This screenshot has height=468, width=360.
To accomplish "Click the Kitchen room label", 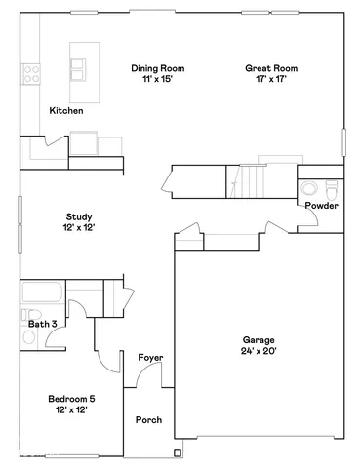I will (66, 111).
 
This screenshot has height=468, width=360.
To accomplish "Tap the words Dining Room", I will (158, 69).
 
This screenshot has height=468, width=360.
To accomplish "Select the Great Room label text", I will (271, 69).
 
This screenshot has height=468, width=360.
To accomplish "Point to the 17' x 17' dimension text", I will (271, 80).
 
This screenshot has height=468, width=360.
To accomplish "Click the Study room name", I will (80, 216).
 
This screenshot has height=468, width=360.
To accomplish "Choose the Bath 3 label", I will (42, 323).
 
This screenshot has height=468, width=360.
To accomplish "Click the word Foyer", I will (149, 358).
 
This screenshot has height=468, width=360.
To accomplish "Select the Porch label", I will (149, 420).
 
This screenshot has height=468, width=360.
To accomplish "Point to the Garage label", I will (259, 339).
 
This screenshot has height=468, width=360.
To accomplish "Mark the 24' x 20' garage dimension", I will (259, 351).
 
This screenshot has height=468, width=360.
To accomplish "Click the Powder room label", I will (321, 206).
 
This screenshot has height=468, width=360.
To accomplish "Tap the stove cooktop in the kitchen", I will (30, 72).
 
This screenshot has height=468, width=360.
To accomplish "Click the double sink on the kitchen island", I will (78, 68).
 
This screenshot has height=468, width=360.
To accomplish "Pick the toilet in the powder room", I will (331, 185).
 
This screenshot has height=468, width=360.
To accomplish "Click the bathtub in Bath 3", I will (42, 293).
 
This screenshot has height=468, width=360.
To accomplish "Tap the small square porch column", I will (177, 450).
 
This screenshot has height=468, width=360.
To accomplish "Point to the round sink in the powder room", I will (306, 187).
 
